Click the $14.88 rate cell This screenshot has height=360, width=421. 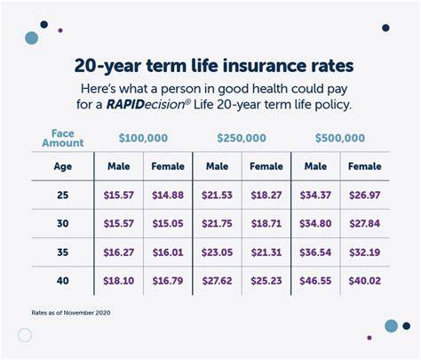click(x=168, y=196)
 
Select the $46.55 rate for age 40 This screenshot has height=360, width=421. click(x=315, y=281)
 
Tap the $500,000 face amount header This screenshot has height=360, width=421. click(x=340, y=138)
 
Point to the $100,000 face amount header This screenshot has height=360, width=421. click(x=143, y=138)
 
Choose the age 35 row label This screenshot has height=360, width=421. click(x=63, y=252)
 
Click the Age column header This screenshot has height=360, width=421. click(x=63, y=167)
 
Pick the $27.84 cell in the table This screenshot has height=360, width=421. click(x=365, y=223)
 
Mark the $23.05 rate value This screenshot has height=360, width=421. click(x=217, y=252)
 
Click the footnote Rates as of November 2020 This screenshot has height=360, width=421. click(x=71, y=313)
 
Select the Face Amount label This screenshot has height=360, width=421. click(x=63, y=138)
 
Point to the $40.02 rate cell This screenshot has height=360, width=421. click(x=365, y=281)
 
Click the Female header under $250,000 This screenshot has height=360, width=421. click(x=266, y=166)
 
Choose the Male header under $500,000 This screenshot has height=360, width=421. click(x=315, y=166)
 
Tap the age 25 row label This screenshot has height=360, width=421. click(x=63, y=196)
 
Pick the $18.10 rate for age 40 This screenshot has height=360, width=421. click(x=118, y=281)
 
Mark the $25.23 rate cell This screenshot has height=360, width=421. click(x=266, y=281)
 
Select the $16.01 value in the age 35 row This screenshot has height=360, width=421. click(x=168, y=252)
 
